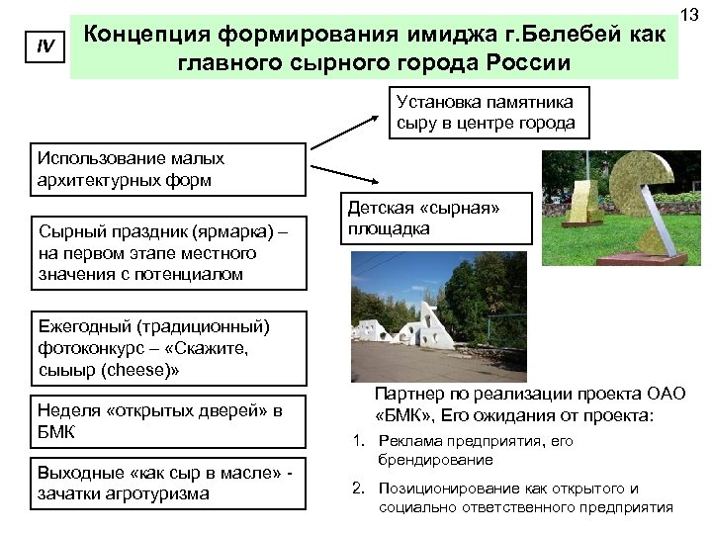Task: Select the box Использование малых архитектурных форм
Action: click(168, 169)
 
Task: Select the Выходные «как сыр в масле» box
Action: click(166, 483)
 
